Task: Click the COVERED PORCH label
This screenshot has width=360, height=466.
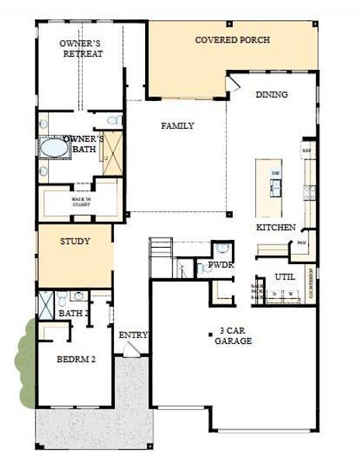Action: tap(232, 40)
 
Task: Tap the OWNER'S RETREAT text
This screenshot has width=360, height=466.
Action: tap(81, 49)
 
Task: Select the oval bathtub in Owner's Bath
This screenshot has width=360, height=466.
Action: tap(54, 148)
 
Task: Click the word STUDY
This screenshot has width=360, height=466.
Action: tap(75, 242)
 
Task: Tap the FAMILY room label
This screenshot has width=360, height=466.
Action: tap(177, 126)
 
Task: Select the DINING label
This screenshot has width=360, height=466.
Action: tap(272, 95)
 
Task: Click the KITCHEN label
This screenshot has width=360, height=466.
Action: tap(275, 228)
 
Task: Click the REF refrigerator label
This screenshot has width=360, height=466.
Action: tap(306, 149)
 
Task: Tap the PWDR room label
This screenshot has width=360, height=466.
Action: tap(221, 266)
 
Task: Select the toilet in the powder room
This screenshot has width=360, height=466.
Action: tap(223, 250)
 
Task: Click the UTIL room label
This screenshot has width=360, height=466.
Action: tap(284, 276)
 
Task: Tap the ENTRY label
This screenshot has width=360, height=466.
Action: tap(133, 335)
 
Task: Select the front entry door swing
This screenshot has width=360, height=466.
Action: tap(132, 350)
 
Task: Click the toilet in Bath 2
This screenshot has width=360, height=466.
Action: tap(78, 296)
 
